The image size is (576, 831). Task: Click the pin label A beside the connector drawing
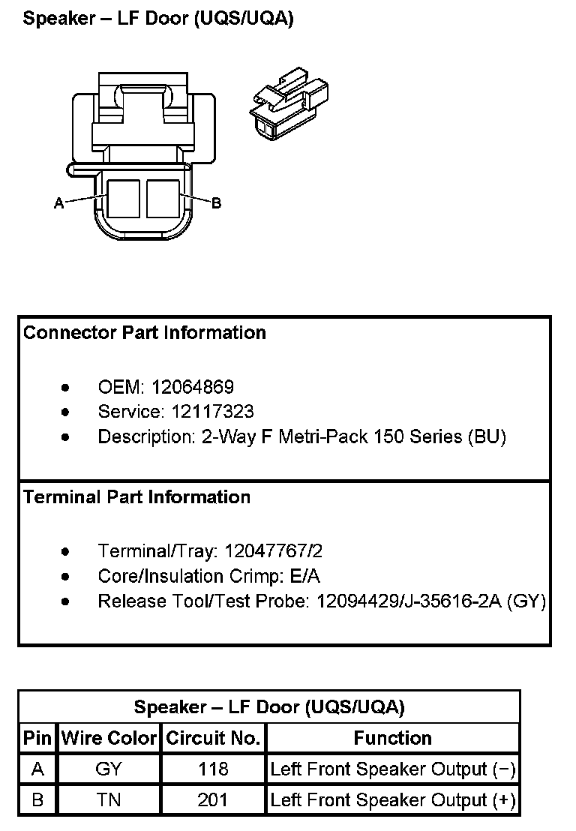click(x=58, y=202)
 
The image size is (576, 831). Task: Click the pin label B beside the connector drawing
click(x=217, y=202)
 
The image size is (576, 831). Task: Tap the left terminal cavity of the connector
click(x=122, y=199)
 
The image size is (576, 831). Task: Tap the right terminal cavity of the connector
click(x=163, y=199)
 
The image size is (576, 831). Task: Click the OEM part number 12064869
click(x=193, y=387)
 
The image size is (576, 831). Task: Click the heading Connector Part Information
click(x=145, y=332)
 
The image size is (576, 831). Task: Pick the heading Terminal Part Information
click(x=137, y=496)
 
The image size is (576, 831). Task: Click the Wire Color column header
click(x=109, y=738)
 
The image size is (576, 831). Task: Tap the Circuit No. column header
click(x=214, y=738)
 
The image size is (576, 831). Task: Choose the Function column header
click(x=392, y=738)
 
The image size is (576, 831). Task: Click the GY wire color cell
click(x=109, y=769)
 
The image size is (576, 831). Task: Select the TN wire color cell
click(x=109, y=800)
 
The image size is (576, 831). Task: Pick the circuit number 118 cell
click(x=214, y=769)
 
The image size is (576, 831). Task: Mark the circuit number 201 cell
click(x=214, y=800)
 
